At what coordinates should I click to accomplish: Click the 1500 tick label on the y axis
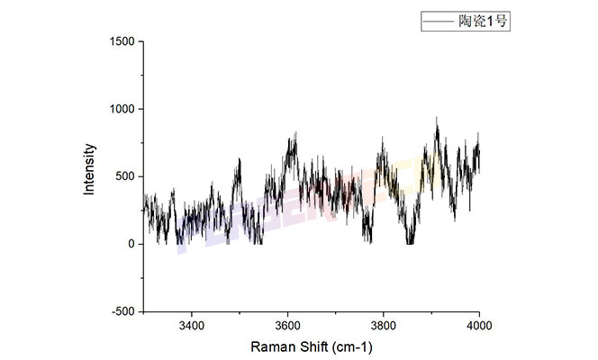pos(122,41)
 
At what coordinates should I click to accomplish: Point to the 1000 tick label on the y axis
pos(122,109)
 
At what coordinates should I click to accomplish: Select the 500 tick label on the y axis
pos(125,176)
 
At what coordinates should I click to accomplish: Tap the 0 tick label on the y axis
pos(131,244)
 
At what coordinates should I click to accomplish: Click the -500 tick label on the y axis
pos(123,311)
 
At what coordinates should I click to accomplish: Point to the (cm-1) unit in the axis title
pos(352,346)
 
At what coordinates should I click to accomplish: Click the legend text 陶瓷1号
pos(486,21)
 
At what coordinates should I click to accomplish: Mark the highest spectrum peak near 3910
pos(437,117)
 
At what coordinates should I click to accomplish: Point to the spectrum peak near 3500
pos(240,159)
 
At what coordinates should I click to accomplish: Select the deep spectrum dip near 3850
pos(410,242)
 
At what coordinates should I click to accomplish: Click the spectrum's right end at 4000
pos(479,153)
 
